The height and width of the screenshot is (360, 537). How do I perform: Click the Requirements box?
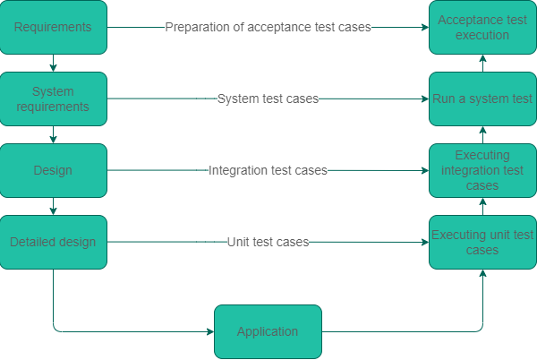coord(54,27)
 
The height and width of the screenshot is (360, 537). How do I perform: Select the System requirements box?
coord(54,99)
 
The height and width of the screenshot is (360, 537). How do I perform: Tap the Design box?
coord(54,170)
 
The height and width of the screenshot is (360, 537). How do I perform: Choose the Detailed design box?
coord(54,242)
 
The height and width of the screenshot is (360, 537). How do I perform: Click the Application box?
coord(268,331)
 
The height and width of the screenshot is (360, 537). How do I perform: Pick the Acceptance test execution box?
coord(482,27)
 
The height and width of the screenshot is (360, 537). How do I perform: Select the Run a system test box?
coord(482,99)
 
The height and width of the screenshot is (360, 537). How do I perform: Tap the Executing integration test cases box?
coord(482,170)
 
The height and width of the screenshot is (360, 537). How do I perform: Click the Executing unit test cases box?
coord(482,242)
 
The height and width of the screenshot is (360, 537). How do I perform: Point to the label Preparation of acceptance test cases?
coord(268,27)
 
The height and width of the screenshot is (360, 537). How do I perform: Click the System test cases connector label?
coord(268,99)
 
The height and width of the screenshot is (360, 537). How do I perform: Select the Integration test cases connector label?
coord(268,170)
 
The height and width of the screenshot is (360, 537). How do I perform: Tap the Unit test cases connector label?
coord(268,242)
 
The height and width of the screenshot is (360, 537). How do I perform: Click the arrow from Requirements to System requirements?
coord(54,63)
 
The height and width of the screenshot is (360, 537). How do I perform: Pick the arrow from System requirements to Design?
coord(54,134)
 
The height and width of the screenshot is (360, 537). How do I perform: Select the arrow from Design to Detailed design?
coord(54,206)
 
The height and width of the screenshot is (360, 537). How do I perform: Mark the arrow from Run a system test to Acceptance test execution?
coord(482,63)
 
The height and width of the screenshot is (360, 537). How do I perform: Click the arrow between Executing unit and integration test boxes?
coord(482,206)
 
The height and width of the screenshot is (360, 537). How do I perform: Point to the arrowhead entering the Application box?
coord(209,331)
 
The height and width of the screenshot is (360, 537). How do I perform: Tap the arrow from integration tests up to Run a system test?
coord(482,134)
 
